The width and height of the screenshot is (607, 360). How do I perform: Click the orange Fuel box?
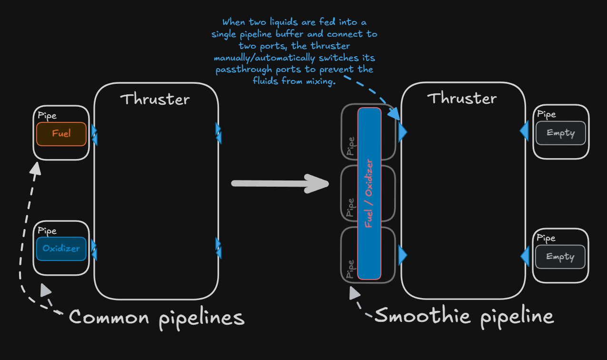point(61,134)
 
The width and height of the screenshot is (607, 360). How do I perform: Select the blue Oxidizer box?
point(61,249)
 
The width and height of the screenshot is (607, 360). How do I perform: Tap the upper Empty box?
point(561,133)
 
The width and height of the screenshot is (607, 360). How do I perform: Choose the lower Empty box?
point(560,257)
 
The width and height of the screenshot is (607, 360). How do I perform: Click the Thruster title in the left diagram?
point(155,99)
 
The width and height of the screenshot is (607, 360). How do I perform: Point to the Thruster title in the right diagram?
point(462,98)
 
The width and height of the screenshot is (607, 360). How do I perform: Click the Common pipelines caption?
point(157,319)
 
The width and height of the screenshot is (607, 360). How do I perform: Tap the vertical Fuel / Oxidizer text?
point(369,193)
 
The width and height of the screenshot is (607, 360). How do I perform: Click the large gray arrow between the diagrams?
point(280,184)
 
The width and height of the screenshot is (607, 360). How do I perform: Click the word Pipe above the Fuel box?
point(47,116)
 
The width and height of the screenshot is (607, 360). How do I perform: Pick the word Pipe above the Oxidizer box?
point(47,231)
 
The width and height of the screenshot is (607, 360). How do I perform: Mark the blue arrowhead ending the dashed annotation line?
point(394,114)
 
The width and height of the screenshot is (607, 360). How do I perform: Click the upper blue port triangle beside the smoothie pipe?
point(403,132)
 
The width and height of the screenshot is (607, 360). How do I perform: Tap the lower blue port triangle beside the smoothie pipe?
point(403,255)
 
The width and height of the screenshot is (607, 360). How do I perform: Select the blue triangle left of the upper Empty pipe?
point(524,131)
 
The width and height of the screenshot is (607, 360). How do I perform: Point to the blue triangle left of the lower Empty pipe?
point(525,256)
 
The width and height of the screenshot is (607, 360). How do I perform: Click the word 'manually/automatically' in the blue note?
point(265,58)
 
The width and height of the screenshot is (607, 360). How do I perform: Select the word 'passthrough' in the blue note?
point(244,70)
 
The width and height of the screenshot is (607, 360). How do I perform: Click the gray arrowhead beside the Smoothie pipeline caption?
point(354,293)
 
